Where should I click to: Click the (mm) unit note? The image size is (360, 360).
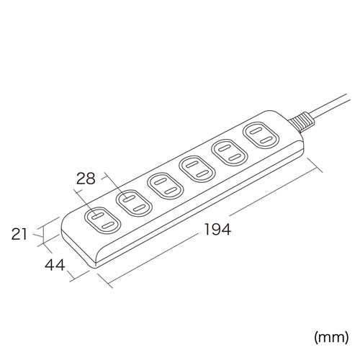coord(330,337)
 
